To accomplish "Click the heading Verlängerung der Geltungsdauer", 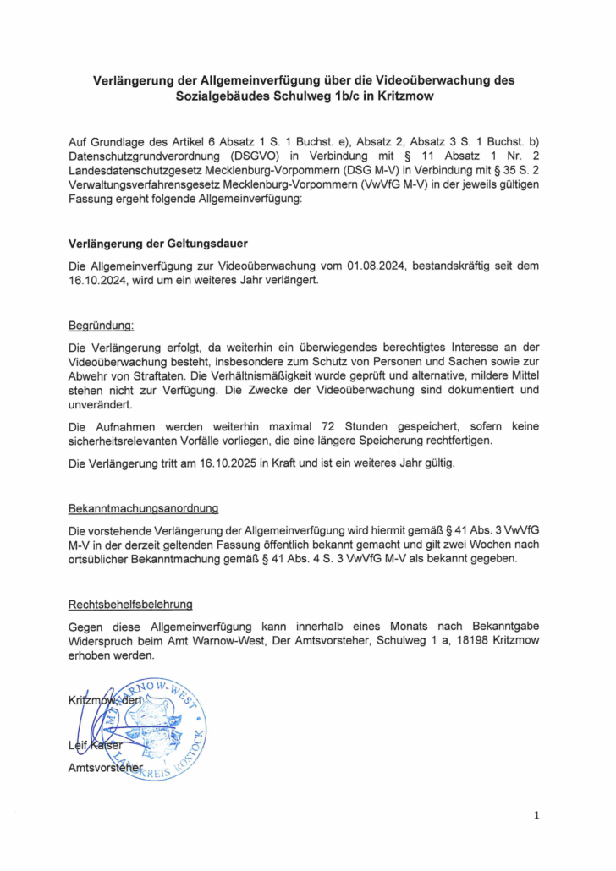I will click(157, 244).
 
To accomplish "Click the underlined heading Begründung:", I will click(101, 325).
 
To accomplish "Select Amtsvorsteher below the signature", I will click(104, 767).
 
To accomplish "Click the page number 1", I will click(536, 815).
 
